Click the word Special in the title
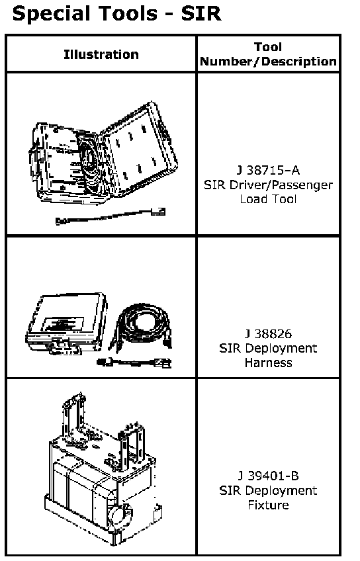click(x=50, y=15)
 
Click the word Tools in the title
click(x=128, y=14)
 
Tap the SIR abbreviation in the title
click(x=201, y=14)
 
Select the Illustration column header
click(x=101, y=54)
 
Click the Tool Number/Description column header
click(x=269, y=54)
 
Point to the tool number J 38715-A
click(x=269, y=170)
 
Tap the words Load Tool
click(x=269, y=199)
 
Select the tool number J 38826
click(x=269, y=334)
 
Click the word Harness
click(x=269, y=363)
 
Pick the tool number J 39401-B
click(x=269, y=476)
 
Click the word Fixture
click(x=269, y=505)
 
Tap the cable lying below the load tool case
click(x=111, y=216)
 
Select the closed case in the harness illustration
click(x=67, y=324)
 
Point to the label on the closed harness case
click(x=63, y=324)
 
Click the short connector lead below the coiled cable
click(x=134, y=363)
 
